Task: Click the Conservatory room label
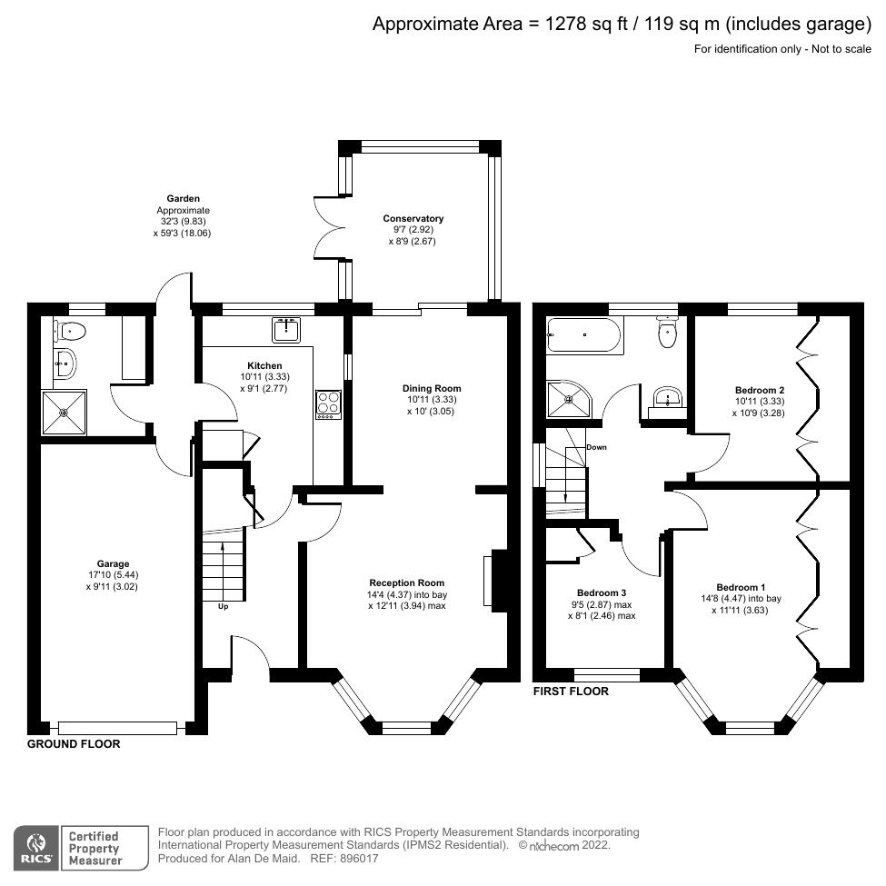click(413, 218)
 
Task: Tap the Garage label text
click(114, 562)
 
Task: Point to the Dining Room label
click(428, 388)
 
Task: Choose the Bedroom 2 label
click(760, 389)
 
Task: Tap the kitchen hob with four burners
click(328, 403)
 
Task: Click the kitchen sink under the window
click(285, 329)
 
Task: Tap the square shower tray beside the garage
click(64, 413)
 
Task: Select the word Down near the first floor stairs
click(596, 447)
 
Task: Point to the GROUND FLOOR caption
click(74, 743)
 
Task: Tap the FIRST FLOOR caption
click(571, 692)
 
